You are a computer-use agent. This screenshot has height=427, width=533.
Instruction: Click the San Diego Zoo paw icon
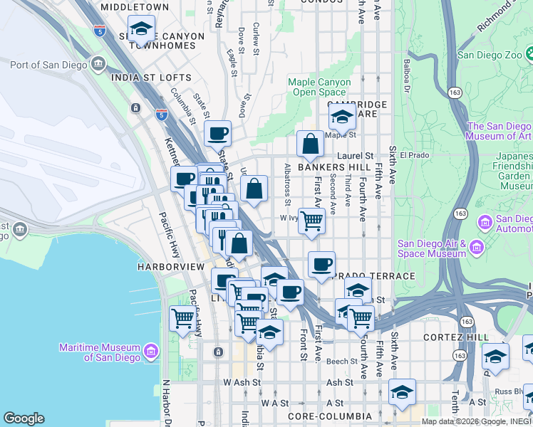(x=529, y=53)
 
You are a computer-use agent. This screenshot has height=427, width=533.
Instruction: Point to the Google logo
(x=24, y=418)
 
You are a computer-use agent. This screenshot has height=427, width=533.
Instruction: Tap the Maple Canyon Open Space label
(x=319, y=87)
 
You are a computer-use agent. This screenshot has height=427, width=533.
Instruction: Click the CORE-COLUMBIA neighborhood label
(x=329, y=416)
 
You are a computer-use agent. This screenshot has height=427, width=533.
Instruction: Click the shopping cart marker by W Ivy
(x=311, y=221)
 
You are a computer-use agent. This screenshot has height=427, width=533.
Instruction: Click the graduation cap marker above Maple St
(x=342, y=116)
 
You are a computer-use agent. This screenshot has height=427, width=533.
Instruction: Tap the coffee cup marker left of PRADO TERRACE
(x=321, y=265)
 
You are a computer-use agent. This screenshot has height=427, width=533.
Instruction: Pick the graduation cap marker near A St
(x=402, y=392)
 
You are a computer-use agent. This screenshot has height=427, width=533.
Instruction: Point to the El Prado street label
(x=412, y=155)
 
